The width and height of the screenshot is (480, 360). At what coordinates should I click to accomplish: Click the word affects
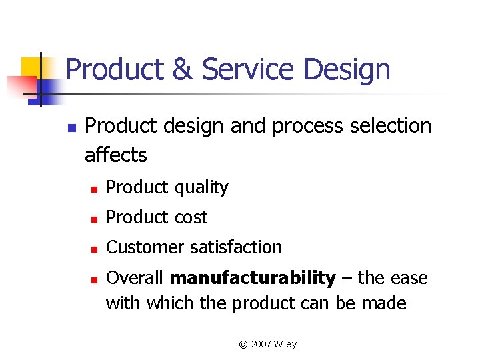pos(115,155)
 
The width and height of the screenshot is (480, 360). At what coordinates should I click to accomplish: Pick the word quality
pos(202,188)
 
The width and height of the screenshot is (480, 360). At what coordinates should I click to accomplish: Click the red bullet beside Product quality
pos(95,189)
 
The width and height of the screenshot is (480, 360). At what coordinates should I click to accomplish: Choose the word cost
pos(191,217)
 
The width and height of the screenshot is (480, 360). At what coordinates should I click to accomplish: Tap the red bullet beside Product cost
pos(95,219)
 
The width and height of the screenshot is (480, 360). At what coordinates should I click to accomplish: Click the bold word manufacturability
pos(253,277)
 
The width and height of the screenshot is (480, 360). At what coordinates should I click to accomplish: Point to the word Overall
pos(135,277)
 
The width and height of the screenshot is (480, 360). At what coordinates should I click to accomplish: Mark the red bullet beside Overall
pos(95,279)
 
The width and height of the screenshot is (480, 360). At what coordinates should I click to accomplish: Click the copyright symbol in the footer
pos(243,345)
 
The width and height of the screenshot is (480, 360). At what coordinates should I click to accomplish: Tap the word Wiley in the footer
pos(285,344)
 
